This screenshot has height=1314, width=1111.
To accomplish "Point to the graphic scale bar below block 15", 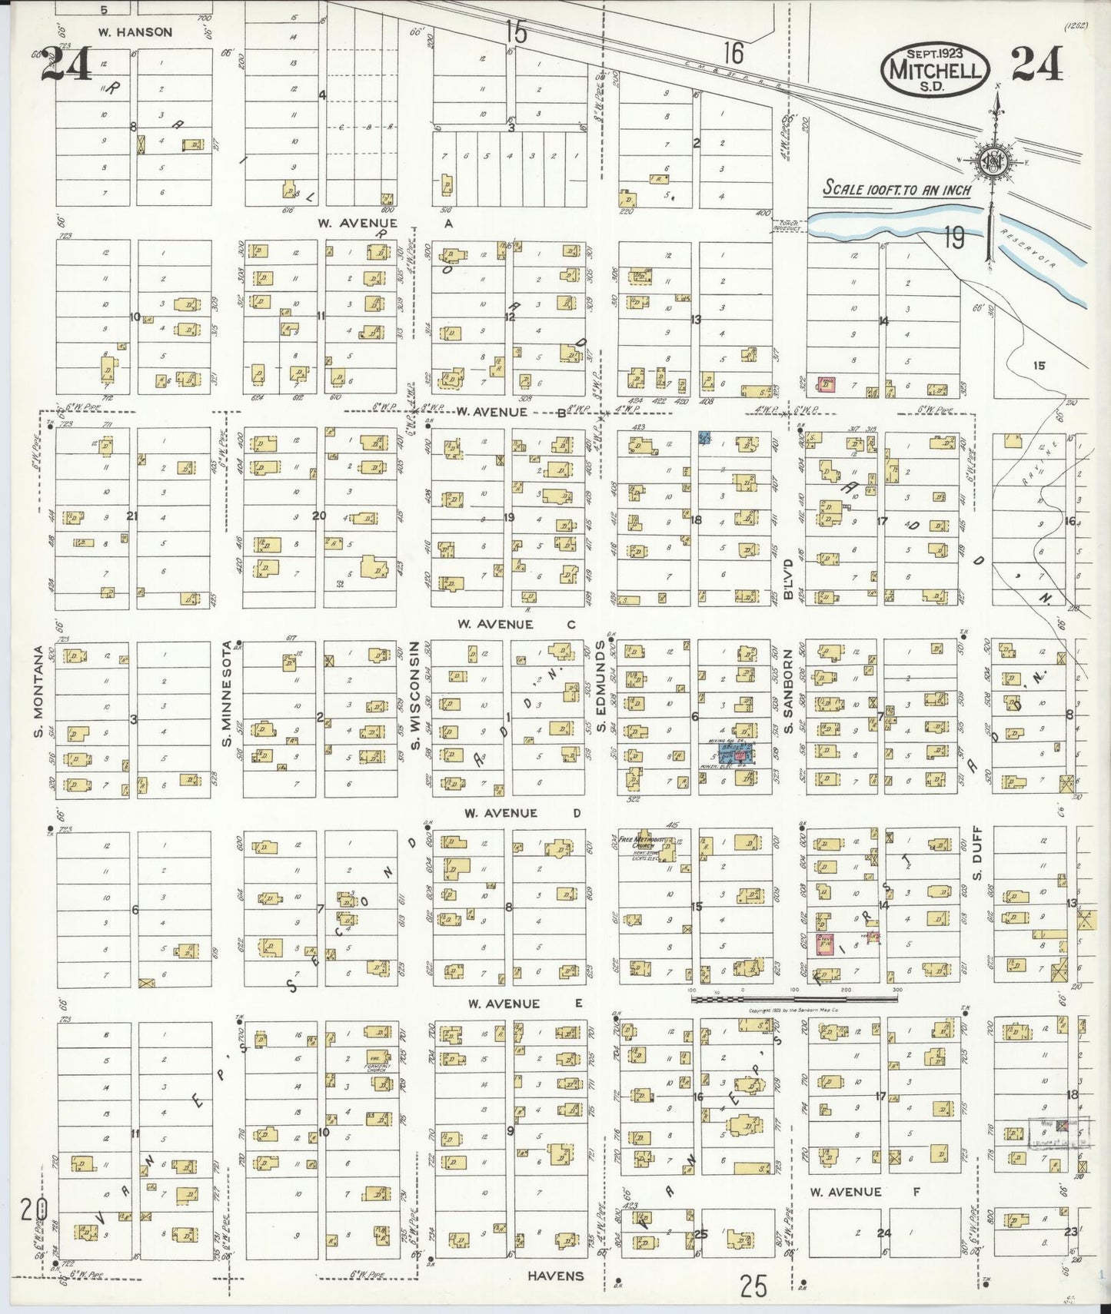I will coord(796,999).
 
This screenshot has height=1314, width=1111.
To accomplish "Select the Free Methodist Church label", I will coord(644,843).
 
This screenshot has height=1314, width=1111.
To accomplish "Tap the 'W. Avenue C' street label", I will coord(515,625).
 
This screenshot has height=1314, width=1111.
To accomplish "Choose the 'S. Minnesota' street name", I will coord(227,693).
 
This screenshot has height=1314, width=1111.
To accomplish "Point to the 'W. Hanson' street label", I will coord(135,32).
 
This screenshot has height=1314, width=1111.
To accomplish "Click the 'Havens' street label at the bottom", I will coord(555,1276).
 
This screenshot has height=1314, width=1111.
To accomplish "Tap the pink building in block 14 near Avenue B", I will coord(827,383).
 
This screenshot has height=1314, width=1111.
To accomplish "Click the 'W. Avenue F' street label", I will coord(845,1192).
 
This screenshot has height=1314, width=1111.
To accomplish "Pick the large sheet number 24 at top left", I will coord(68,65).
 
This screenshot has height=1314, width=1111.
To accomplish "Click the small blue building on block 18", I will coord(704,438).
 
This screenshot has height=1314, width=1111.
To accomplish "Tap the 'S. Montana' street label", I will coord(38,701).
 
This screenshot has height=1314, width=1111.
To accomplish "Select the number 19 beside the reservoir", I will coord(953,239).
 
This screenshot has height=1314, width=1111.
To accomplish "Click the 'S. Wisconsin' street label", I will coord(414,695).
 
